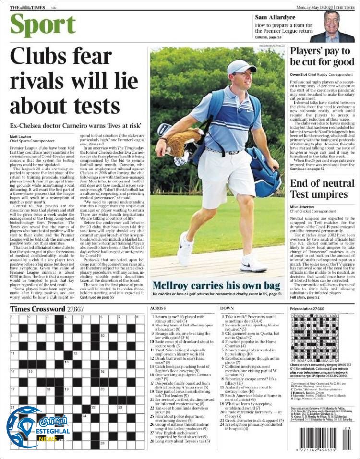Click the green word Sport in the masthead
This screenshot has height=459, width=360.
[x=43, y=25]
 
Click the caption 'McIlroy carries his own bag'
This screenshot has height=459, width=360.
[x=216, y=285]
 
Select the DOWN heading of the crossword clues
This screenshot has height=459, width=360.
[x=227, y=308]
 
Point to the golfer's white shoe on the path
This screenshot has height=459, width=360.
[x=252, y=263]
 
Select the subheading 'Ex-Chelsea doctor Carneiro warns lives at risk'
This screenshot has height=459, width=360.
[x=75, y=125]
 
